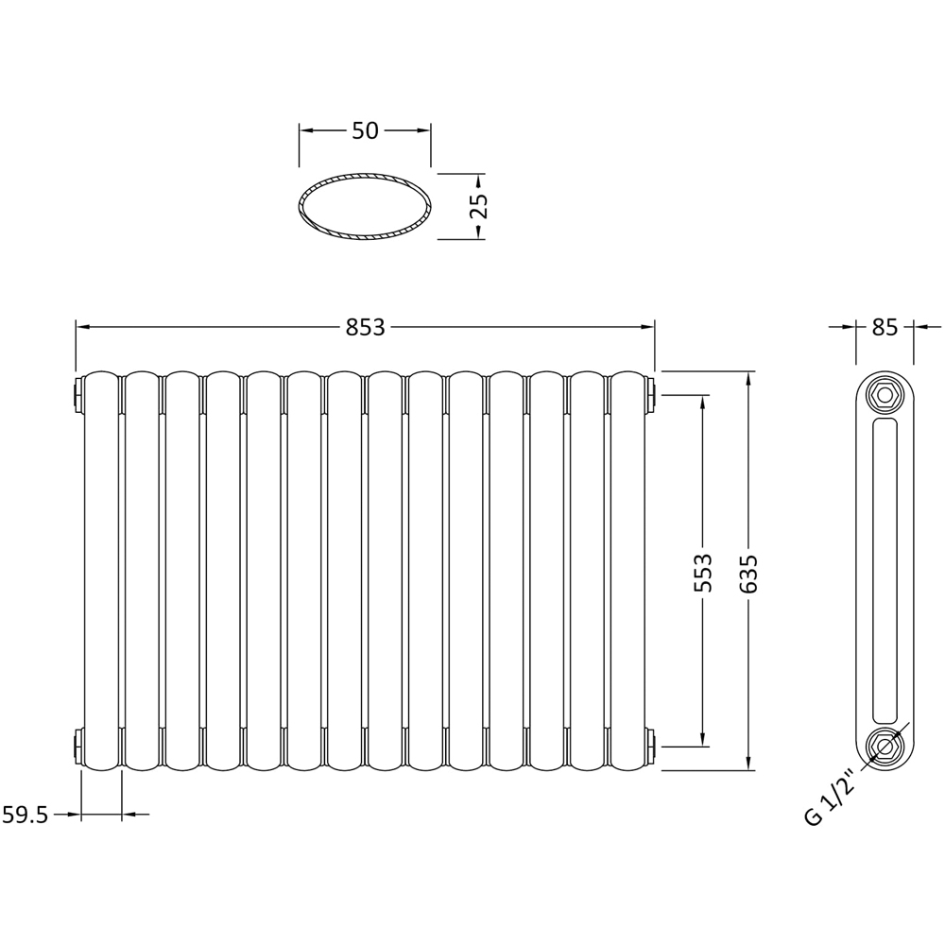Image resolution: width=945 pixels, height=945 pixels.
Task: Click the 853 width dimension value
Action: (365, 327)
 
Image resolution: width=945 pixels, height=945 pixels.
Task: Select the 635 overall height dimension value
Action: (748, 573)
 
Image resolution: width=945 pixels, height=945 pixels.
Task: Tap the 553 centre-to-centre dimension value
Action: (702, 573)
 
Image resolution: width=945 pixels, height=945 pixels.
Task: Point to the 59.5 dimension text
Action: (26, 815)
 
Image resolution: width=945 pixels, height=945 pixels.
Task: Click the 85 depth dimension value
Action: (885, 327)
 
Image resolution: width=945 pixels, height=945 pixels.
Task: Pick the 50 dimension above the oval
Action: (365, 131)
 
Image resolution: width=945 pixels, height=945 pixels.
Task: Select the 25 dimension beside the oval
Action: (478, 206)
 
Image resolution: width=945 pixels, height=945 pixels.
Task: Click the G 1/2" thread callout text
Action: (829, 799)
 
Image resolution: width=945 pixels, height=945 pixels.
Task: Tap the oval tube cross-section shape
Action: (365, 206)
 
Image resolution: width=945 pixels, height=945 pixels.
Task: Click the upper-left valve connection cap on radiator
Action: (77, 393)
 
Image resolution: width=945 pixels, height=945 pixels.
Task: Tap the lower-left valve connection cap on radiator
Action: (77, 746)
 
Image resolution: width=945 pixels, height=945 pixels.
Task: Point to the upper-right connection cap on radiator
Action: (651, 393)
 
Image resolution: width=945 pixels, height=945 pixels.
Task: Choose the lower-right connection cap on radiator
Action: (651, 746)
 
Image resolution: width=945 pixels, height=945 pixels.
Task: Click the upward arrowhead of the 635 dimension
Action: (748, 378)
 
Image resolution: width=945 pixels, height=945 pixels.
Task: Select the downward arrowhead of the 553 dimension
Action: (702, 738)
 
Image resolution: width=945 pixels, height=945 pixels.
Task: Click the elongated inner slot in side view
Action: (885, 571)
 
